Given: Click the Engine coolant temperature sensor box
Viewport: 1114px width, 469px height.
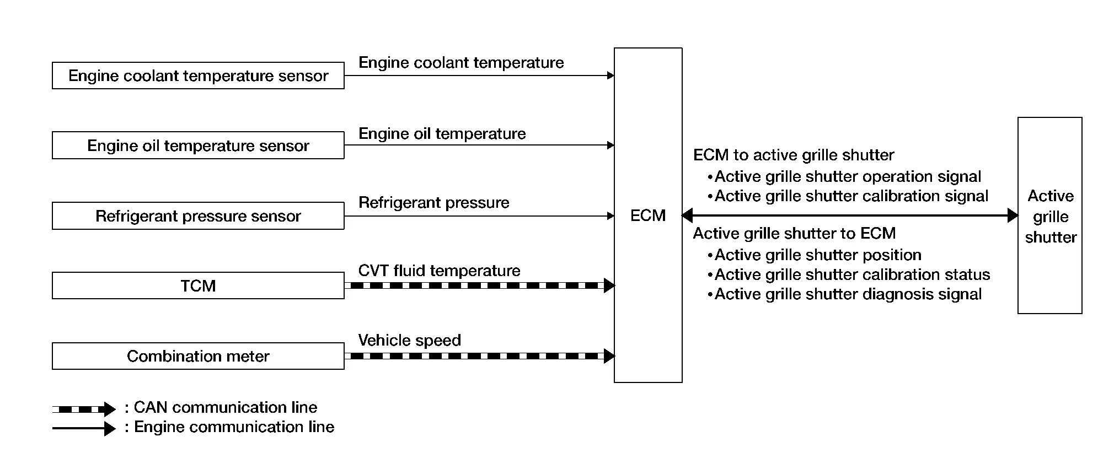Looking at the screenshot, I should point(198,76).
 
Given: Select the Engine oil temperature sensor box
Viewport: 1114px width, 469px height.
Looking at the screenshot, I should point(198,145).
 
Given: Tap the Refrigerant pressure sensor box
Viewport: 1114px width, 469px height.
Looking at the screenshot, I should point(198,215).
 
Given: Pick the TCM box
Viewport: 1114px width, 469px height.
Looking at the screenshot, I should point(198,285).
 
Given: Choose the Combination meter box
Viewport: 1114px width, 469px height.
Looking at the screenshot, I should point(198,356).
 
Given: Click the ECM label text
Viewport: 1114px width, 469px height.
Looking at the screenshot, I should point(647,215).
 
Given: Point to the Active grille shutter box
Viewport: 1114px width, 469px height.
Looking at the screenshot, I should point(1049,215).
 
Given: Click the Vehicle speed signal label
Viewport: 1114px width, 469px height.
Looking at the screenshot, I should point(409,340).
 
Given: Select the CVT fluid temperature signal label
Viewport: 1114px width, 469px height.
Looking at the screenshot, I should point(439,271).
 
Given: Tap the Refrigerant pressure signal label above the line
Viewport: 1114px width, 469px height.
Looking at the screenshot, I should point(433,202).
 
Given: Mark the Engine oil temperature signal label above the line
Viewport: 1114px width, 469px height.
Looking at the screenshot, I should point(442,133).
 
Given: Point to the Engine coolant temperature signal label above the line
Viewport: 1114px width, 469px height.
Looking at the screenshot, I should point(461,62).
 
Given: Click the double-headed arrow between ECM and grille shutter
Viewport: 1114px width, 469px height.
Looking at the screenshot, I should point(849,215).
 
